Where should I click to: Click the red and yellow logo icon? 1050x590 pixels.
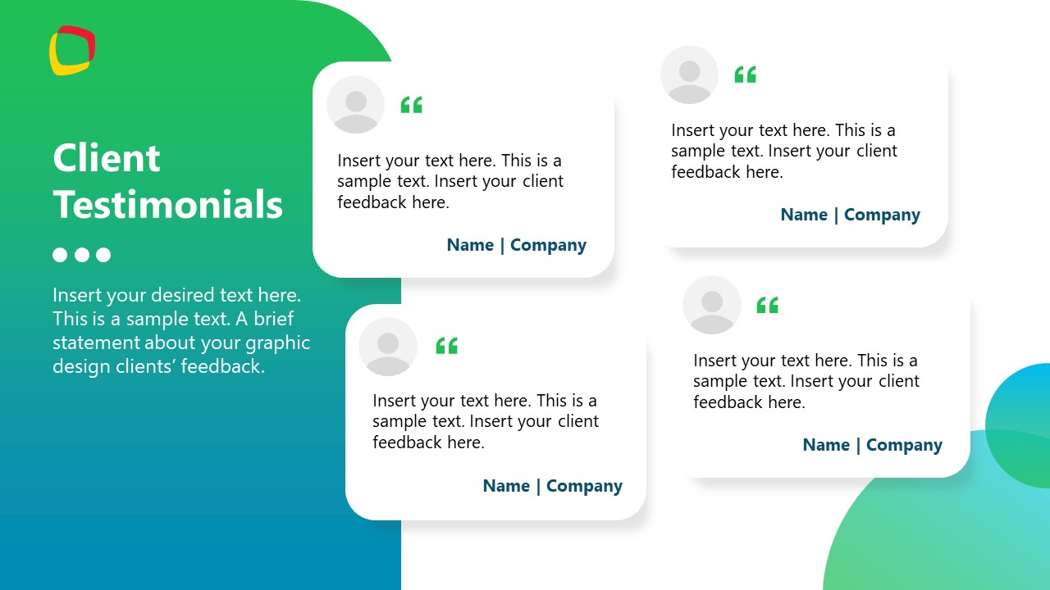tap(72, 50)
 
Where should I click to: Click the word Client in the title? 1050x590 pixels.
tap(107, 158)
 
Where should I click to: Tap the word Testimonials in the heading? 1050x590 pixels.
tap(168, 204)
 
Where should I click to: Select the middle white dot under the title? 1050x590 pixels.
tap(82, 255)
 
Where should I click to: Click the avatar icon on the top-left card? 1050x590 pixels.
tap(356, 105)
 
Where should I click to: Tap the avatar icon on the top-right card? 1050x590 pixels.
tap(689, 75)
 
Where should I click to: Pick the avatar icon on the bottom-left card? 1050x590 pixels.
tap(388, 347)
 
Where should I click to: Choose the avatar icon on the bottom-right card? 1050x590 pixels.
tap(711, 305)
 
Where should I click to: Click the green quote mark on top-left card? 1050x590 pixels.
tap(411, 105)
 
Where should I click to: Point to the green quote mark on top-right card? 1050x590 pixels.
tap(745, 75)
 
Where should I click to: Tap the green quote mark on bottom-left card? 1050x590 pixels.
tap(446, 346)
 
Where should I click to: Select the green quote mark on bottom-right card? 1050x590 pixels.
tap(767, 305)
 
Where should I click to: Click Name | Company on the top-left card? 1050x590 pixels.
tap(516, 245)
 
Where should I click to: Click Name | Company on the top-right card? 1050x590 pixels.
tap(850, 215)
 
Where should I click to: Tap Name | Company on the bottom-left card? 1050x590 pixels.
tap(552, 486)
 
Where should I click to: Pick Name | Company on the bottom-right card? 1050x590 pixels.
tap(872, 445)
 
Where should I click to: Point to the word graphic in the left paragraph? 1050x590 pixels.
tap(278, 343)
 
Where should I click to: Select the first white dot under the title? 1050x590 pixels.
tap(60, 255)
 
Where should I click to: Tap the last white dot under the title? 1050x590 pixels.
tap(103, 255)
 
